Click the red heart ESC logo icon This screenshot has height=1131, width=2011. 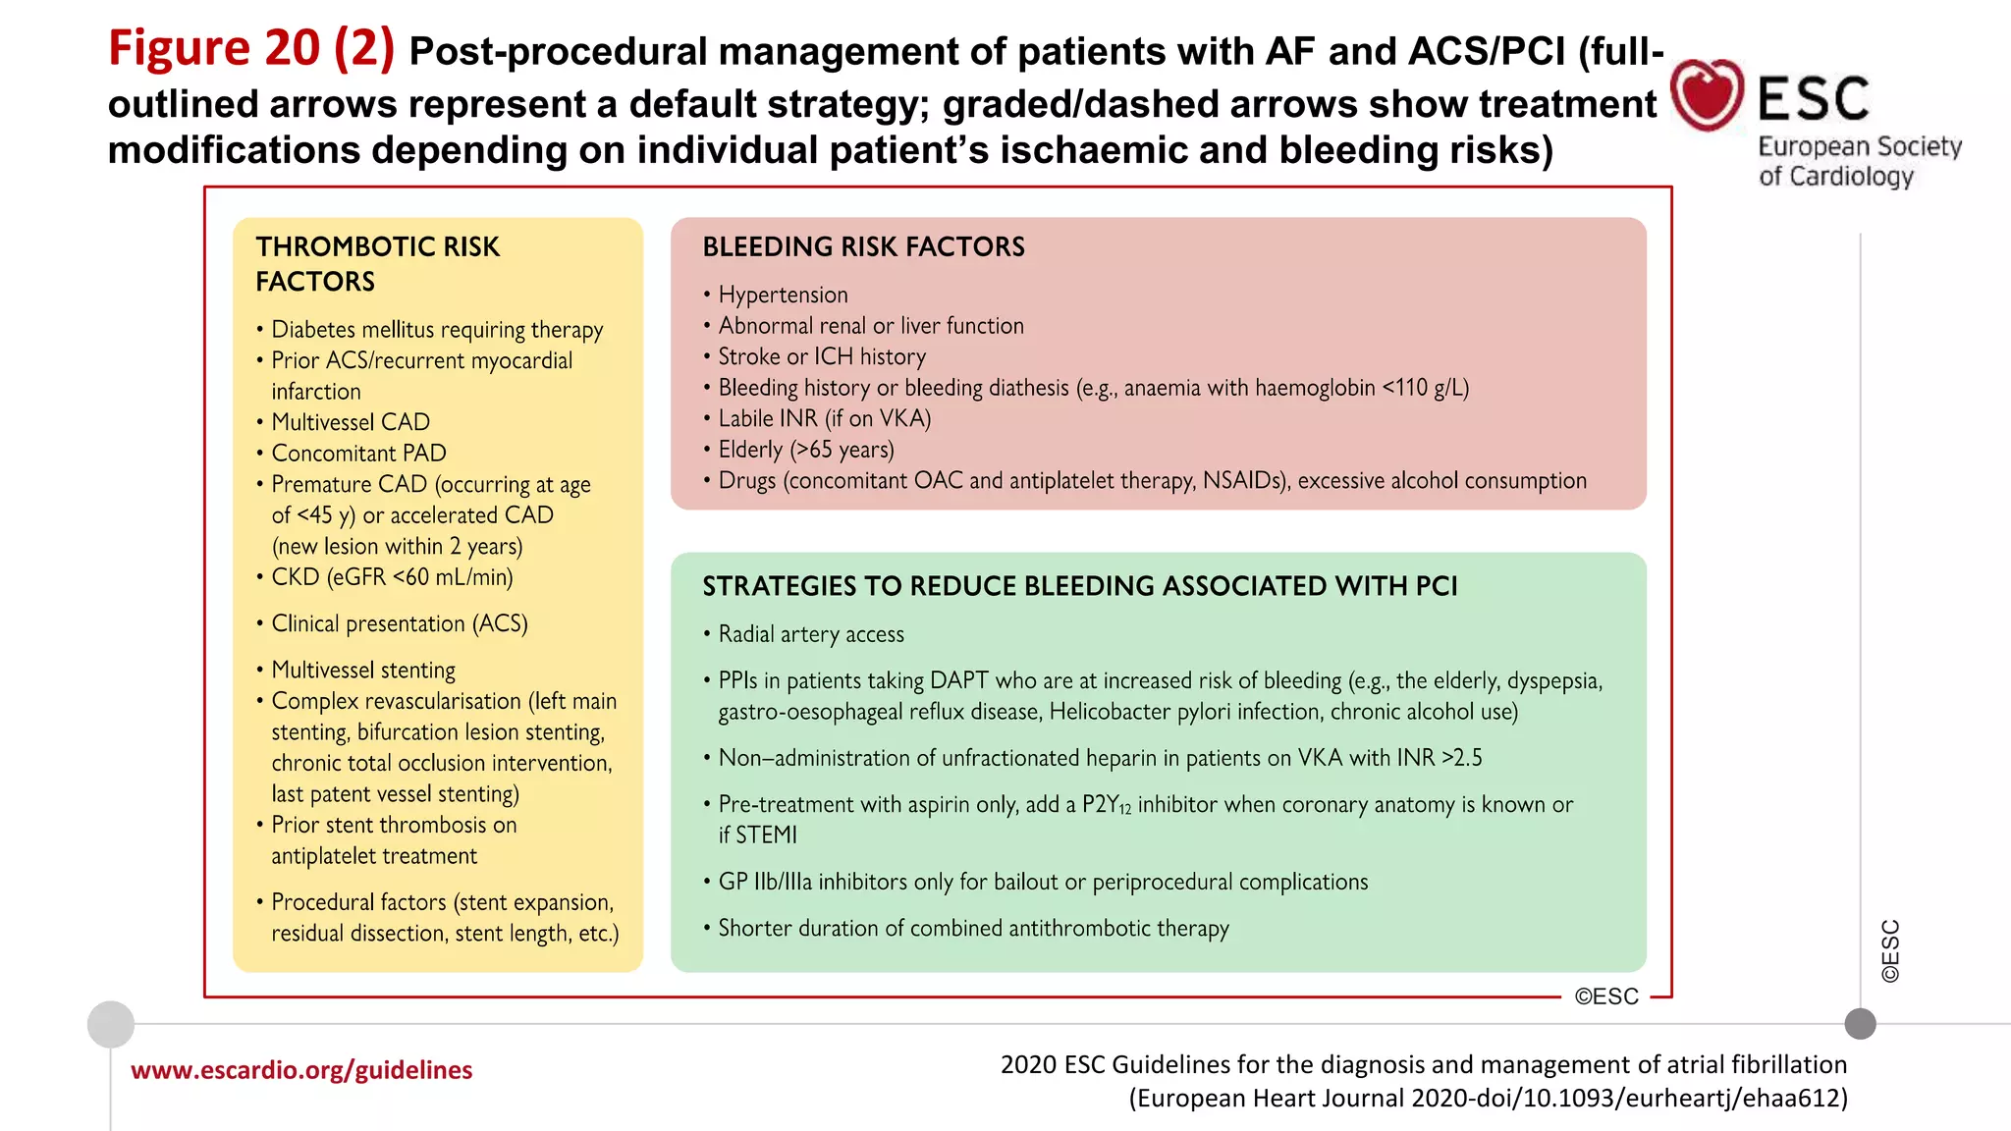(1707, 94)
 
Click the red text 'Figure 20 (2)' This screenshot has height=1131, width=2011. (251, 48)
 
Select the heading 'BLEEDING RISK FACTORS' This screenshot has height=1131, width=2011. (863, 246)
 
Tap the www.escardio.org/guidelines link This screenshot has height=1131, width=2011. (301, 1069)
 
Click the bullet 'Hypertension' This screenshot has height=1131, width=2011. (783, 295)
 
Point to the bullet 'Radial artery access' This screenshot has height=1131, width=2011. (810, 634)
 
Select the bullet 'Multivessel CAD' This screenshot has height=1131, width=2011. (350, 422)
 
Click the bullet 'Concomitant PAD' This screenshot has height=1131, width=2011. (358, 454)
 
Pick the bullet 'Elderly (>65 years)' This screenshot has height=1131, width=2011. (805, 450)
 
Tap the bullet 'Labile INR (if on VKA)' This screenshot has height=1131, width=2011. (824, 418)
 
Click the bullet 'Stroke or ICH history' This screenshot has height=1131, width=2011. (821, 356)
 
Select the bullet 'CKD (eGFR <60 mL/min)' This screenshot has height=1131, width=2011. (391, 577)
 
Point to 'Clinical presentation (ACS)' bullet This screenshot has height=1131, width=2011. (399, 623)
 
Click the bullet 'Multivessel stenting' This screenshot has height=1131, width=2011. (362, 670)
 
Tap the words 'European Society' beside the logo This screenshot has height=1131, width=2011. (1859, 146)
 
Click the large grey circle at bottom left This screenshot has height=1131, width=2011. (111, 1024)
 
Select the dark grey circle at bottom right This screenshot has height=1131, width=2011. (1860, 1024)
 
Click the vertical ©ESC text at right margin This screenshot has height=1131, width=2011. (1890, 950)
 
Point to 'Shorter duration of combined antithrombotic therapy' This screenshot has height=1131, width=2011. (972, 928)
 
